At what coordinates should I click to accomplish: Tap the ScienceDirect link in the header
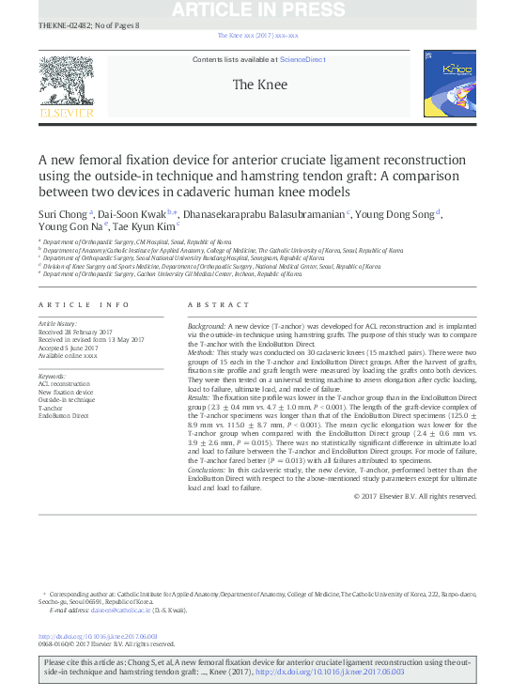click(302, 59)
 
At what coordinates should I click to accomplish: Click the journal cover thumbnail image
click(449, 85)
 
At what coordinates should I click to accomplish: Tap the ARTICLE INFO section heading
click(83, 305)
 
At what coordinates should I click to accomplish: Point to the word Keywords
click(54, 376)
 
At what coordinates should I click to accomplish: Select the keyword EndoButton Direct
click(63, 414)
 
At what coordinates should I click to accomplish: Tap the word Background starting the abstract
click(209, 323)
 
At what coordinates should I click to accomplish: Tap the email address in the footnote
click(105, 612)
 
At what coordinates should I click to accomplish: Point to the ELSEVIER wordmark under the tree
click(65, 113)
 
